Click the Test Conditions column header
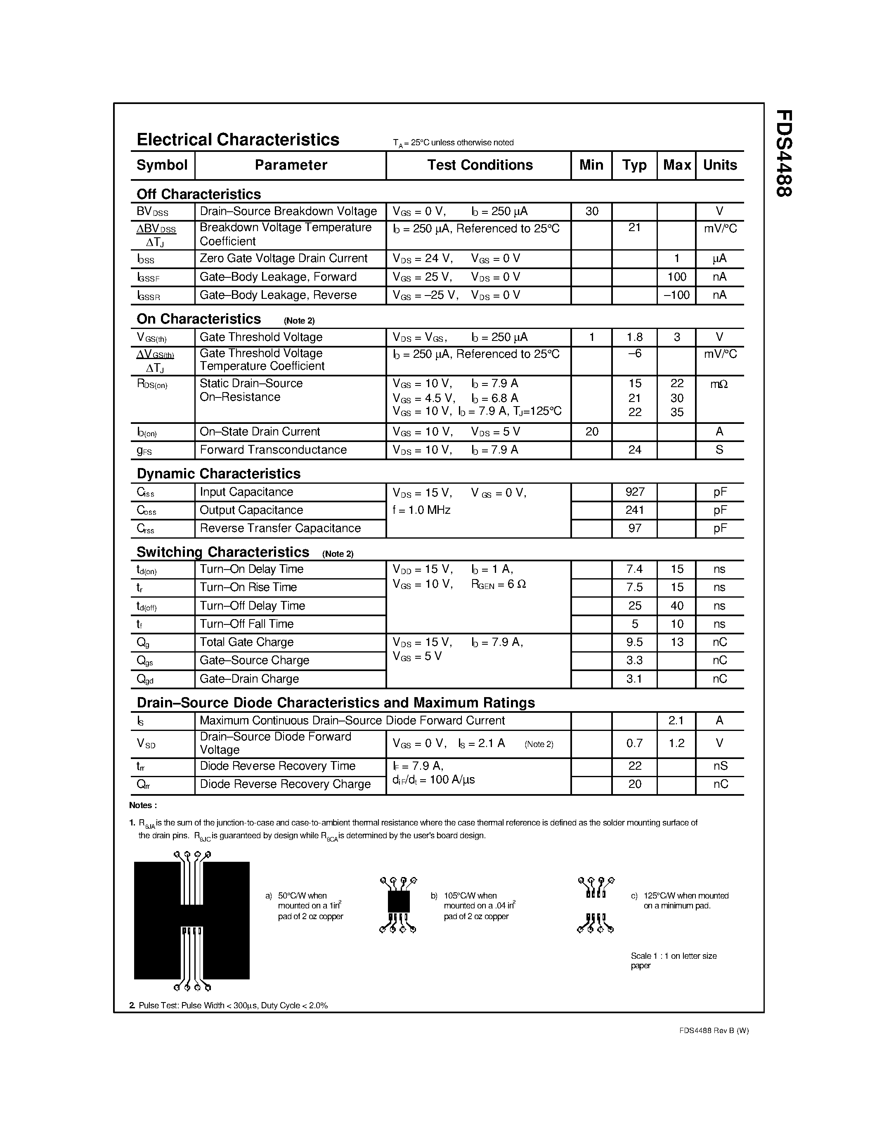pos(480,165)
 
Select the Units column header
pos(720,165)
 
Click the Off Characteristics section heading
pos(199,194)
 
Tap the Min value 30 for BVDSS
pos(592,211)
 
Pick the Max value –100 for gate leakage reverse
pos(676,295)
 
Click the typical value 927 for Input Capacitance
pos(635,492)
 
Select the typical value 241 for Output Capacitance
pos(635,510)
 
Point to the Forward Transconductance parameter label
pos(273,449)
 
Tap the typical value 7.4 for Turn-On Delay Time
pos(635,569)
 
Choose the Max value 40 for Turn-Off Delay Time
pos(676,605)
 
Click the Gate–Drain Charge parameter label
pos(249,679)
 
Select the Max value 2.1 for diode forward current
pos(676,720)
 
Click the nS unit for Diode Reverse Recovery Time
pos(720,766)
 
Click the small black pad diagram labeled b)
pos(399,901)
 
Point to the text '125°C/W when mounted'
pos(686,896)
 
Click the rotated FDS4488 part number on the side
pos(783,153)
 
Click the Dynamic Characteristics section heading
pos(218,473)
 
